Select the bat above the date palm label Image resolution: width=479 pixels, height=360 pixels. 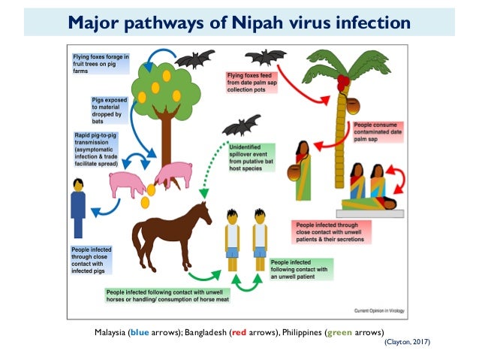(x=265, y=58)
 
